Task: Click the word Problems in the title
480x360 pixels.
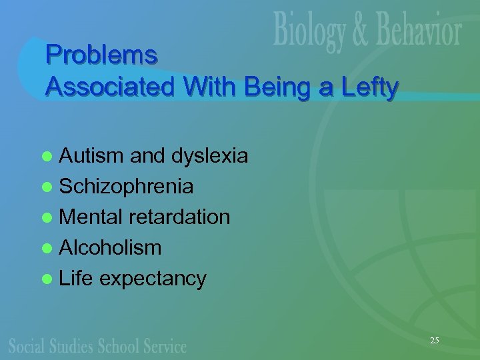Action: coord(101,55)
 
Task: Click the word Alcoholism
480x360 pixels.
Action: coord(110,248)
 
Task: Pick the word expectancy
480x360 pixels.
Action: coord(153,279)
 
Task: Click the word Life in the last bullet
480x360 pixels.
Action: coord(76,278)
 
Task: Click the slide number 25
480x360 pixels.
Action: coord(434,341)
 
